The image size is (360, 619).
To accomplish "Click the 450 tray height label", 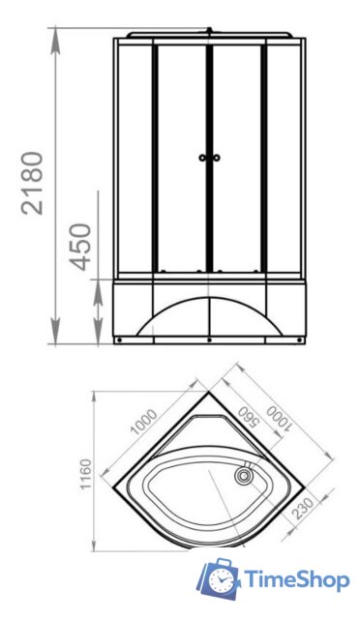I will click(81, 246).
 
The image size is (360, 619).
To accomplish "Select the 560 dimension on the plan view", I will click(248, 417).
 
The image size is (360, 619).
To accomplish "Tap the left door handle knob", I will click(202, 157).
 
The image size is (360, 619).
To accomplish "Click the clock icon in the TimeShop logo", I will click(222, 580).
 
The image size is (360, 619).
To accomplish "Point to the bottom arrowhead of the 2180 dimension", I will click(56, 339).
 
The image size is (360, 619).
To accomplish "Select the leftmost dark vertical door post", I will click(155, 155).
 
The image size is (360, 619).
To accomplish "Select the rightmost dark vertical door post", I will click(263, 155).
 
